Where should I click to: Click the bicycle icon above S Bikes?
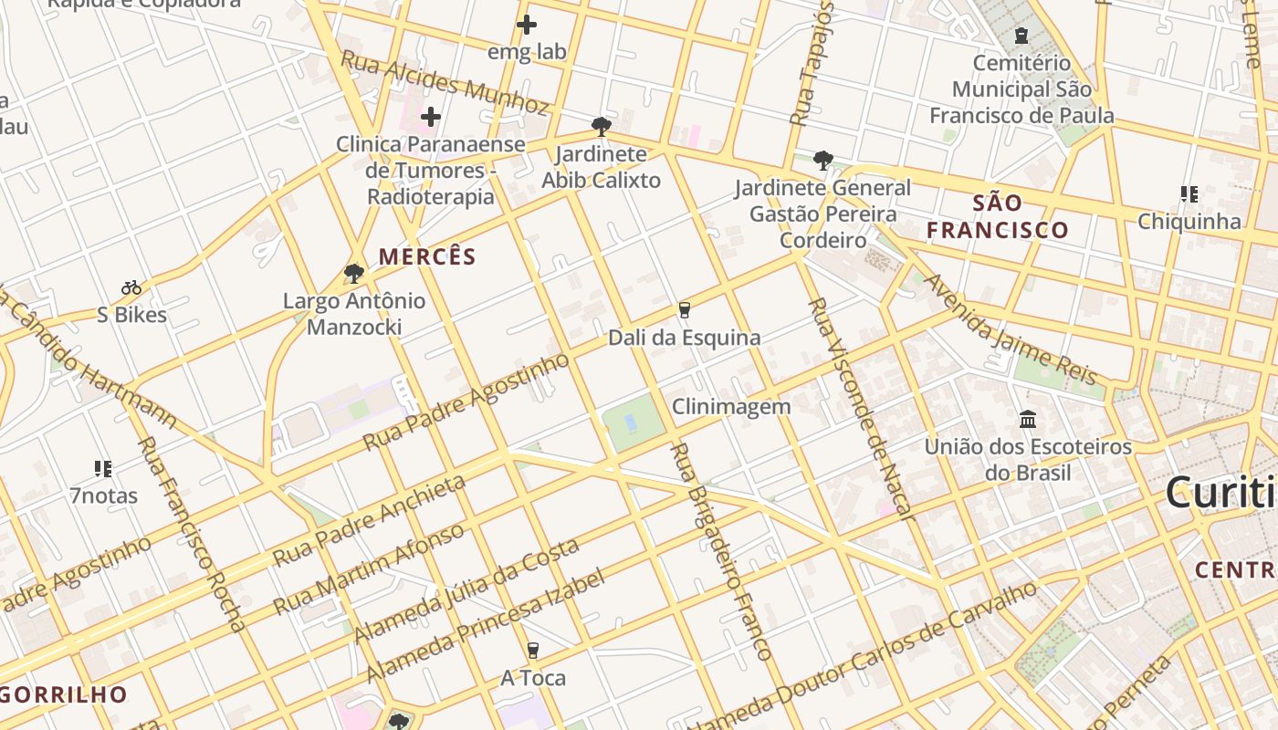click(x=131, y=288)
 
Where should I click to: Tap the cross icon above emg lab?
click(x=527, y=25)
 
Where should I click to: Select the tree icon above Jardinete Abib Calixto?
click(x=601, y=126)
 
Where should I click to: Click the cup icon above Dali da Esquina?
click(x=685, y=310)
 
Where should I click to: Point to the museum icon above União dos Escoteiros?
click(x=1028, y=420)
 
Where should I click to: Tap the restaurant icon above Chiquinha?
click(x=1189, y=193)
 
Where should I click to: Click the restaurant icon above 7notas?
click(x=103, y=469)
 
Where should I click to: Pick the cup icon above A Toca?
click(x=533, y=651)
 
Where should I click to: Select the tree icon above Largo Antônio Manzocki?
click(x=354, y=273)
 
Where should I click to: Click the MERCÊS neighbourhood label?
click(x=428, y=256)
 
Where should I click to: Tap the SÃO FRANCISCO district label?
click(x=998, y=216)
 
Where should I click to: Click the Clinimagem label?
click(x=731, y=407)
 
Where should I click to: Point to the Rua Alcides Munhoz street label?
click(x=445, y=83)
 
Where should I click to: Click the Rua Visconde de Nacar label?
click(x=860, y=408)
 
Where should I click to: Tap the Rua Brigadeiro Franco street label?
click(x=721, y=551)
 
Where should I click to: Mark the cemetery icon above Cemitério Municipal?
click(x=1021, y=36)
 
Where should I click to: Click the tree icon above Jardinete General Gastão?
click(x=822, y=161)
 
